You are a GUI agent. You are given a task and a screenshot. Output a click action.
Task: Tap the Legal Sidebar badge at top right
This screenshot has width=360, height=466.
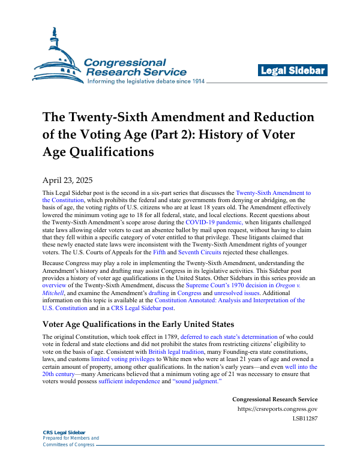tap(292, 71)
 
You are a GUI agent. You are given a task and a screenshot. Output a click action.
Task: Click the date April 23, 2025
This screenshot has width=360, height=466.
tap(67, 179)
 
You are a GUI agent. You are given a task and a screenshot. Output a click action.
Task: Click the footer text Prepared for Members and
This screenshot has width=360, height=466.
tap(71, 438)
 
